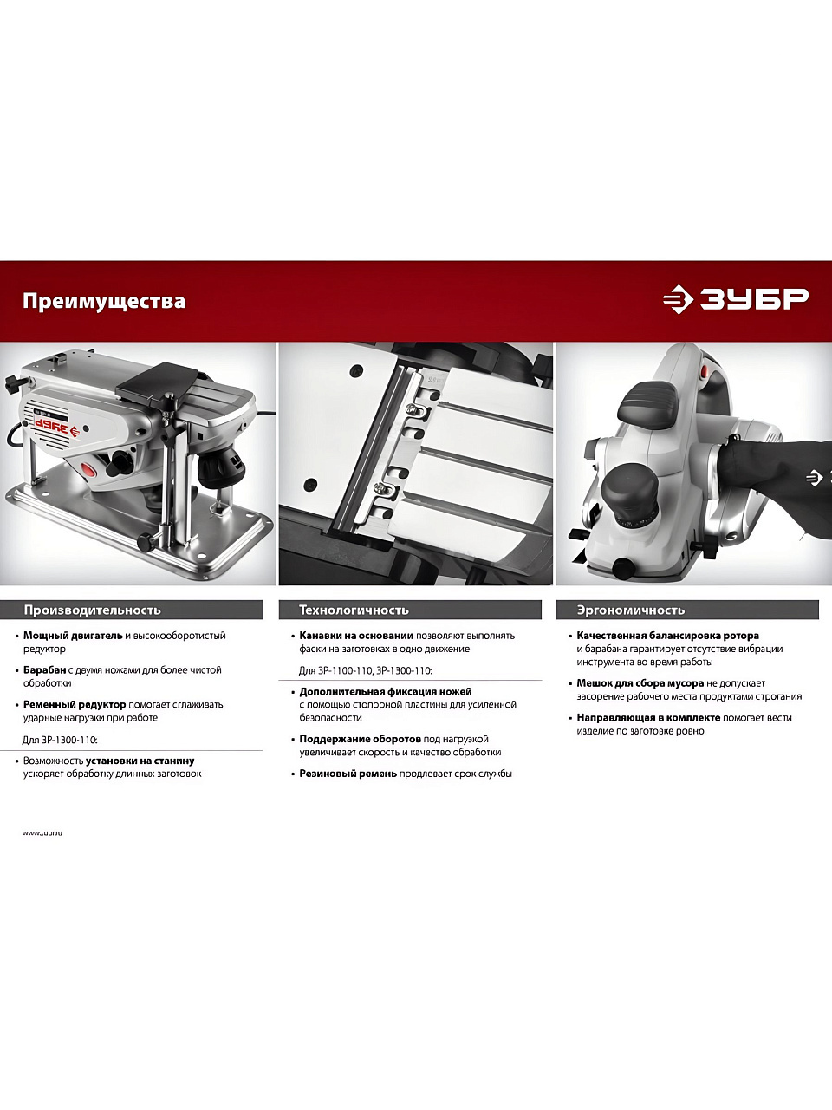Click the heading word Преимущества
[x=104, y=302]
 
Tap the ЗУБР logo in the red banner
[x=736, y=299]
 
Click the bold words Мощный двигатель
[x=73, y=636]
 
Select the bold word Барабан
[x=44, y=670]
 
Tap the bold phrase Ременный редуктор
[x=75, y=704]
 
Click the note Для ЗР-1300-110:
[x=60, y=740]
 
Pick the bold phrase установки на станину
[x=140, y=761]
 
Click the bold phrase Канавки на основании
[x=356, y=636]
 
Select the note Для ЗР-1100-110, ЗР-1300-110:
[x=365, y=671]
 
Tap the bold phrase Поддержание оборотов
[x=360, y=740]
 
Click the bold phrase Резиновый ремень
[x=348, y=774]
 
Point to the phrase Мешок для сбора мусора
[x=640, y=683]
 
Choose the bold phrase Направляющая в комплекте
[x=648, y=717]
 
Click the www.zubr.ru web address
[x=42, y=832]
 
